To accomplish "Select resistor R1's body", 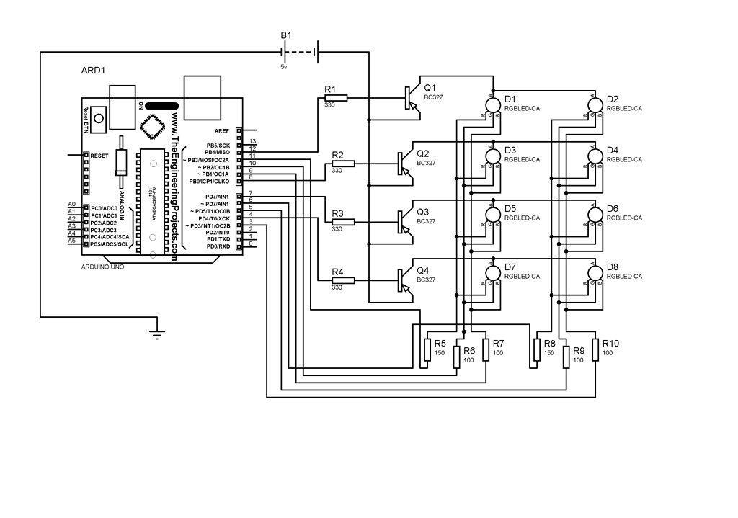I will [337, 98].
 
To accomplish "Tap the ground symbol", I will [156, 332].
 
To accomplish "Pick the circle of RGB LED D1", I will [494, 105].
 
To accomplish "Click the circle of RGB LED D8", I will [595, 273].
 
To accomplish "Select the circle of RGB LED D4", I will [595, 156].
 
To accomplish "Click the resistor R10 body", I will [596, 349].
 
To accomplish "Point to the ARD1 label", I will [94, 71].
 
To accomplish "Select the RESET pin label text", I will [99, 155].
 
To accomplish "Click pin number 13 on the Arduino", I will [252, 141].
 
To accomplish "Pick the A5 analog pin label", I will [71, 241].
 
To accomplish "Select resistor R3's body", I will [343, 222].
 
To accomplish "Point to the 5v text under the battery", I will [284, 66].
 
